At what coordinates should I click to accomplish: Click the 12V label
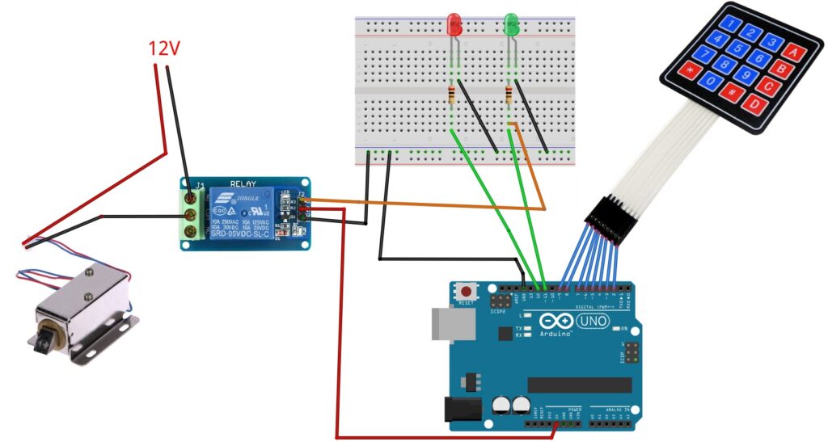coord(163,49)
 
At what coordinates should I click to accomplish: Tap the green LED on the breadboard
coord(511,24)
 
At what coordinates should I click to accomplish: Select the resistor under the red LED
coord(451,96)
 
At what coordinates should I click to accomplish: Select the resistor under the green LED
coord(508,95)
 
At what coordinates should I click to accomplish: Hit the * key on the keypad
coord(690,70)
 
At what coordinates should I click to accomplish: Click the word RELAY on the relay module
coord(243,183)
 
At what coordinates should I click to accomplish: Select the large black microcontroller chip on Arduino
coord(579,385)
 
